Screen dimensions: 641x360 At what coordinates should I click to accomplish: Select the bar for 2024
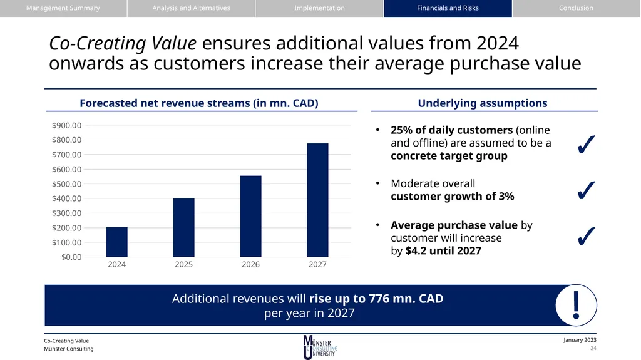pyautogui.click(x=117, y=242)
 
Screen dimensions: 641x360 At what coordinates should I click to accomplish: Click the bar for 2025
pyautogui.click(x=184, y=227)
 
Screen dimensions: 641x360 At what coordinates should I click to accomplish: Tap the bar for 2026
pyautogui.click(x=250, y=216)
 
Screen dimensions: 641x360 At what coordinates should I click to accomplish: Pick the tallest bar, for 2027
pyautogui.click(x=317, y=200)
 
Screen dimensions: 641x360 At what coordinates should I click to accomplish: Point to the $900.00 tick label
pyautogui.click(x=66, y=126)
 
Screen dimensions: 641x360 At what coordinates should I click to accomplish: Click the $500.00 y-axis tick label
pyautogui.click(x=66, y=184)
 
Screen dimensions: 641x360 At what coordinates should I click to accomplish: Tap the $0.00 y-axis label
pyautogui.click(x=71, y=257)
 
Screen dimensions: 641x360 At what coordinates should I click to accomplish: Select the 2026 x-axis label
pyautogui.click(x=250, y=265)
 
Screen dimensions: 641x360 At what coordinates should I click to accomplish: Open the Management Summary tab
pyautogui.click(x=63, y=8)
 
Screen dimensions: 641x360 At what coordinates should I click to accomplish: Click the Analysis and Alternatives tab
pyautogui.click(x=192, y=8)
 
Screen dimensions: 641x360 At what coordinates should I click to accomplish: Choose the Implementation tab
pyautogui.click(x=320, y=8)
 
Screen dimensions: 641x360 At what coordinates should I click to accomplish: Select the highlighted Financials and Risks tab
pyautogui.click(x=448, y=8)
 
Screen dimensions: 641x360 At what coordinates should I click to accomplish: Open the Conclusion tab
pyautogui.click(x=577, y=8)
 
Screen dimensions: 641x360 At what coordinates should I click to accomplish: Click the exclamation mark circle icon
pyautogui.click(x=576, y=305)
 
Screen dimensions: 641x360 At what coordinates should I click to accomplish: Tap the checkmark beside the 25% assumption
pyautogui.click(x=586, y=145)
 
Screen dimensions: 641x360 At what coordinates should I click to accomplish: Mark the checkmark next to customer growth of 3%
pyautogui.click(x=586, y=190)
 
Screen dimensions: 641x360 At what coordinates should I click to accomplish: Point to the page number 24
pyautogui.click(x=593, y=349)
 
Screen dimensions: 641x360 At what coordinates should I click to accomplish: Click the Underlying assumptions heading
pyautogui.click(x=483, y=103)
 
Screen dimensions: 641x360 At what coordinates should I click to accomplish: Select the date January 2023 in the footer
pyautogui.click(x=580, y=340)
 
